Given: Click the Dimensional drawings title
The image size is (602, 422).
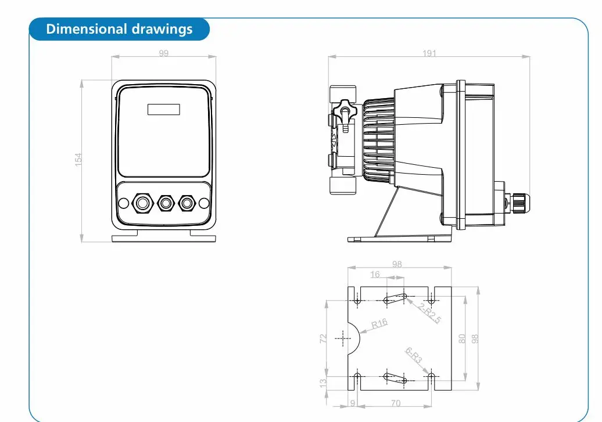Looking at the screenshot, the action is tap(119, 29).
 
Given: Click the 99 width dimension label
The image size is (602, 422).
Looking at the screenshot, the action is tap(163, 53).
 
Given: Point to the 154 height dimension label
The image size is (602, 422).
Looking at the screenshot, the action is tap(78, 160).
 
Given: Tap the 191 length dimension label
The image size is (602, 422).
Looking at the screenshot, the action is tap(429, 53).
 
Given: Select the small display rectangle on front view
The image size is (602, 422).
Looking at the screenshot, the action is tap(164, 109).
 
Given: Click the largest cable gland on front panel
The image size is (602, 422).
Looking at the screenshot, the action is tap(142, 203).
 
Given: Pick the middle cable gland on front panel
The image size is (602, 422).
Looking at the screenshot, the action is tap(166, 203).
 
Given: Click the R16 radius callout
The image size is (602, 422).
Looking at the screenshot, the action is tap(379, 324).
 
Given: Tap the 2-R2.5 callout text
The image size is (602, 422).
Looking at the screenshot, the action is tap(430, 313).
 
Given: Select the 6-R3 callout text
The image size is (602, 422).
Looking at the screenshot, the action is tap(414, 356).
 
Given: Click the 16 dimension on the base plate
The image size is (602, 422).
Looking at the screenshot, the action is tap(375, 275).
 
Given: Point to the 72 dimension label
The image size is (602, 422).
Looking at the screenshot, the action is tap(323, 338).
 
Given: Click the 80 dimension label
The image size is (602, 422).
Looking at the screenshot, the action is tap(462, 339).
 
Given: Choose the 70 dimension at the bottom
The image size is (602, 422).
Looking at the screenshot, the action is tap(396, 403).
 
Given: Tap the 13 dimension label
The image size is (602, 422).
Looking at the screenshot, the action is tap(323, 383).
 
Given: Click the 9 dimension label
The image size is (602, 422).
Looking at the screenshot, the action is tap(353, 403).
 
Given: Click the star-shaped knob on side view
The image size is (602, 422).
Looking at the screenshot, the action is tap(345, 111).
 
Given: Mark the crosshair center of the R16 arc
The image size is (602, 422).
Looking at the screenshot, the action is tap(343, 338).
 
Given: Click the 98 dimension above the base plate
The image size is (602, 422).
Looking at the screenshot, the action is tap(397, 264).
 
